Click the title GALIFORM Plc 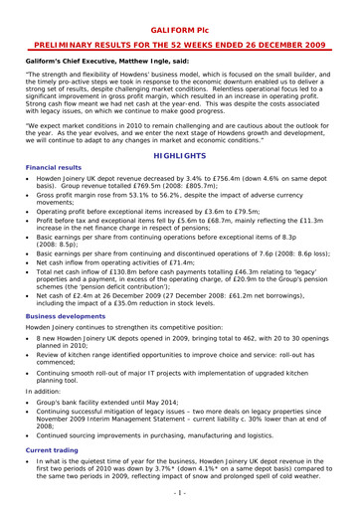point(179,11)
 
